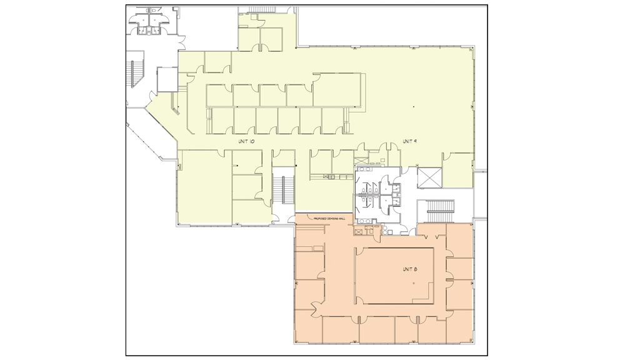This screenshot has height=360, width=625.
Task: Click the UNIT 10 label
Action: click(246, 142)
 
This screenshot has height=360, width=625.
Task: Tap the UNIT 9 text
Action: click(409, 141)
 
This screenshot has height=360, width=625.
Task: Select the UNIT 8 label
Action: click(409, 269)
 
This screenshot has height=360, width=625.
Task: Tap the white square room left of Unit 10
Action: click(167, 79)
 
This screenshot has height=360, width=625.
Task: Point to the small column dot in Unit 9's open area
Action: click(413, 109)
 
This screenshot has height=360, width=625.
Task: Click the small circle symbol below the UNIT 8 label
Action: click(413, 284)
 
